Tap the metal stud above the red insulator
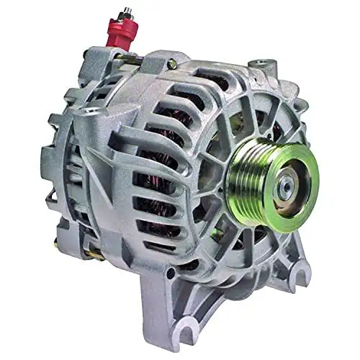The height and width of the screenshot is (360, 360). tap(127, 14)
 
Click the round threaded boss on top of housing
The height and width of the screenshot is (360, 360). tap(258, 66)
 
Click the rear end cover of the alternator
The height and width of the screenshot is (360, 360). tap(65, 166)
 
